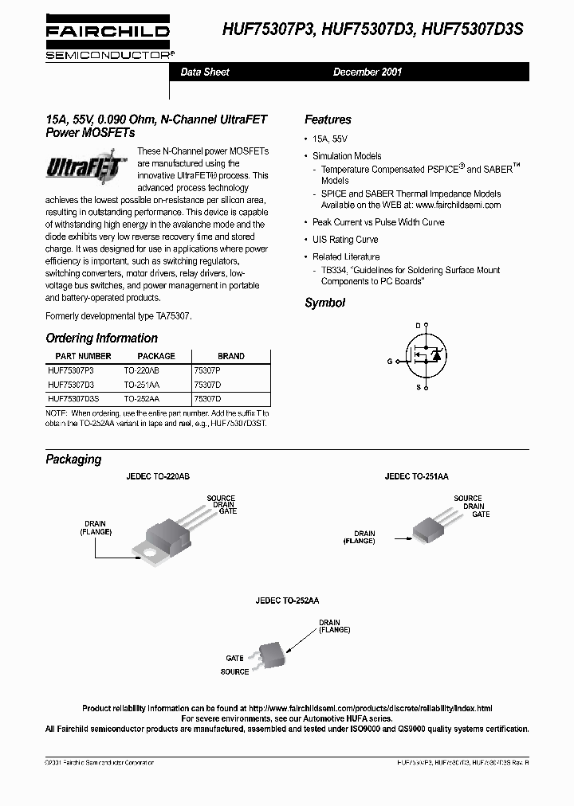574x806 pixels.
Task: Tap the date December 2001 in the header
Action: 367,72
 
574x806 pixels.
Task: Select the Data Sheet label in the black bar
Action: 205,72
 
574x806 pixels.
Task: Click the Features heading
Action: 328,119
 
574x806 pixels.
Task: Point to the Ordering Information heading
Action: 101,338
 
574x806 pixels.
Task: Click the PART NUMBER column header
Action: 83,356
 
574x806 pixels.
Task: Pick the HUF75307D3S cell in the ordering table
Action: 74,398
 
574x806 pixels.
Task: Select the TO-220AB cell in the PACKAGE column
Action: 142,371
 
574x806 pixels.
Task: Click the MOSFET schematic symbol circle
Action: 424,357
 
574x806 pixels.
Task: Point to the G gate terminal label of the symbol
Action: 390,361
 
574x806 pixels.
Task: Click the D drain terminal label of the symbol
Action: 418,326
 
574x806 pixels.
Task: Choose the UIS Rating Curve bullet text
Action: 345,240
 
